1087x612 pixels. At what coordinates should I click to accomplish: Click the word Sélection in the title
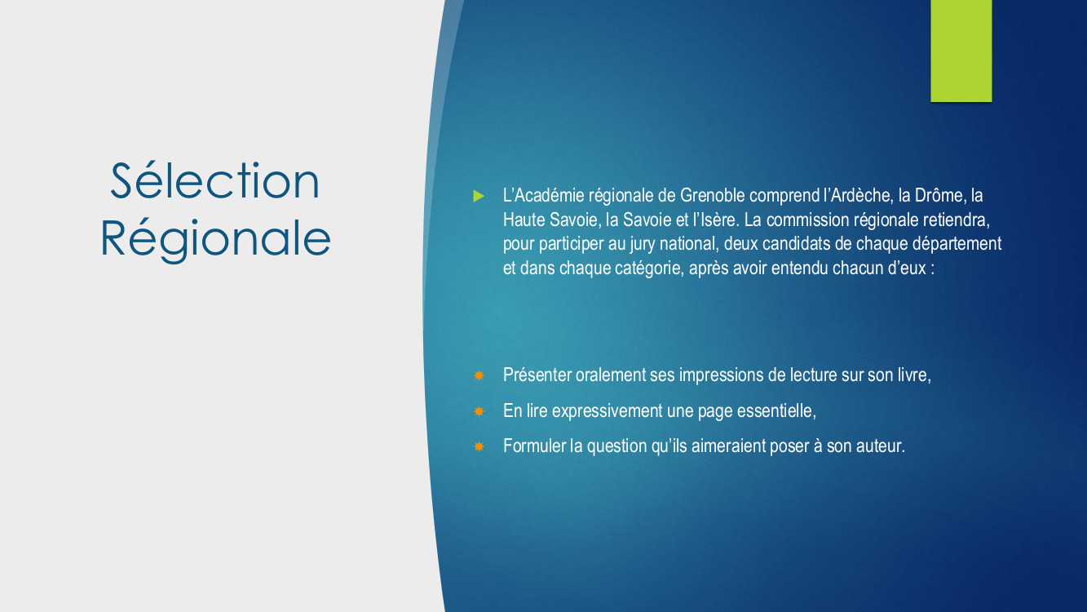coord(215,180)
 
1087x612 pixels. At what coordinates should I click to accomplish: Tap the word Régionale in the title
coord(215,239)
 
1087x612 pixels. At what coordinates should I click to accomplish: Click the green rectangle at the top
coord(961,51)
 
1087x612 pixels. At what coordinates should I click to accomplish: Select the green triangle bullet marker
coord(479,196)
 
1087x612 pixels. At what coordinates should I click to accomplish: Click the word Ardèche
coord(862,195)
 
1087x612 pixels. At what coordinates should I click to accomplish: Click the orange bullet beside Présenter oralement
coord(479,375)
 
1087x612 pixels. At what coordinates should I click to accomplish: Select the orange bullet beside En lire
coord(479,411)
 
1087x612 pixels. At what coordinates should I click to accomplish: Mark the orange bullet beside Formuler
coord(479,446)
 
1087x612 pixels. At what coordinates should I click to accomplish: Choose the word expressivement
coord(607,411)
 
